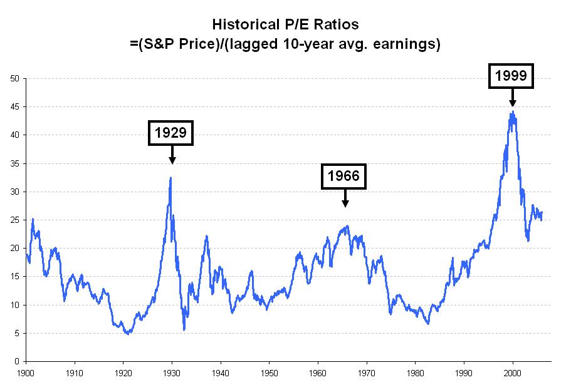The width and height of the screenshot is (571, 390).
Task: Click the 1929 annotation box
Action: (x=171, y=133)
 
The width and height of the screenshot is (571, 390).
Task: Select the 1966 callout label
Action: (x=343, y=176)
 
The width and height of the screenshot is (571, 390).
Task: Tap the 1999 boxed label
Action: (x=512, y=76)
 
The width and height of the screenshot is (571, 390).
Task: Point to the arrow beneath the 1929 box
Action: (x=172, y=155)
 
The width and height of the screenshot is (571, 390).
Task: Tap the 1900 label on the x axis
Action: (x=26, y=371)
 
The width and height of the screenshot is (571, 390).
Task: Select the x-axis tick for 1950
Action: (x=270, y=371)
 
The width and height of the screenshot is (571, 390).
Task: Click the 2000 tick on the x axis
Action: (x=513, y=371)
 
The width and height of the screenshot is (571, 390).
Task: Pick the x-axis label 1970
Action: (x=367, y=371)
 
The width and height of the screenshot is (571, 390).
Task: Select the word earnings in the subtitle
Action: (x=405, y=44)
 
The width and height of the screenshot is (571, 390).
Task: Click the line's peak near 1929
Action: (x=170, y=178)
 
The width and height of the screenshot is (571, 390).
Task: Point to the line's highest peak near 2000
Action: (x=513, y=111)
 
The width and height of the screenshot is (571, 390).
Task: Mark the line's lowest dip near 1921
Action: (x=128, y=334)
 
